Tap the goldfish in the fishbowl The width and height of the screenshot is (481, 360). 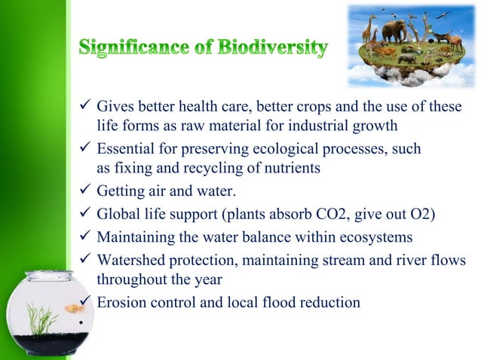72,308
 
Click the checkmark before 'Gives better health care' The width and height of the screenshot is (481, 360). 84,108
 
